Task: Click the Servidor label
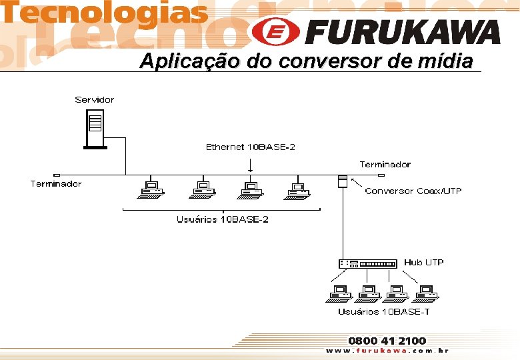coord(94,100)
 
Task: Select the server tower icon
coord(95,129)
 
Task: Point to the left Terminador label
coord(56,183)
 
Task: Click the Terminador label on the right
coord(385,164)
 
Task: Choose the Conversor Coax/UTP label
coord(413,191)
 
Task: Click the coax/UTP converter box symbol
coord(342,181)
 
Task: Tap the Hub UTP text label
coord(424,263)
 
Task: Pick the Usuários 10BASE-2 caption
coord(222,219)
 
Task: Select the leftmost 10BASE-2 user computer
coord(151,189)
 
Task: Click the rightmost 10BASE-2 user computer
coord(297,189)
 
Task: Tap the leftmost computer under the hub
coord(339,294)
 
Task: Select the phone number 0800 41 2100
coord(387,341)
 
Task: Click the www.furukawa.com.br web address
coord(387,351)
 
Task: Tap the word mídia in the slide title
coord(447,62)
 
